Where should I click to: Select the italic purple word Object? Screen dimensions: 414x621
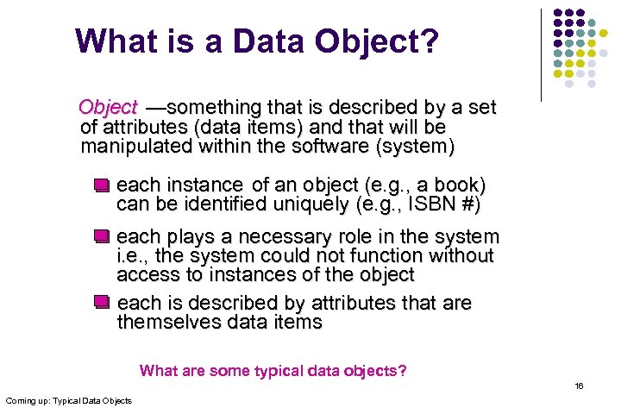point(108,108)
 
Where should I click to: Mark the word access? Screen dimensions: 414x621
point(144,275)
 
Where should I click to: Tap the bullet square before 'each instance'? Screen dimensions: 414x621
point(102,185)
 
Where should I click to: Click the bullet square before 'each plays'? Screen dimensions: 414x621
point(102,236)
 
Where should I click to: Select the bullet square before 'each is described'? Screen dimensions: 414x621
point(102,302)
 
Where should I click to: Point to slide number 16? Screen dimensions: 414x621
point(579,386)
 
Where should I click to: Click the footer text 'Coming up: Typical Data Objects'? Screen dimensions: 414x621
point(69,401)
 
